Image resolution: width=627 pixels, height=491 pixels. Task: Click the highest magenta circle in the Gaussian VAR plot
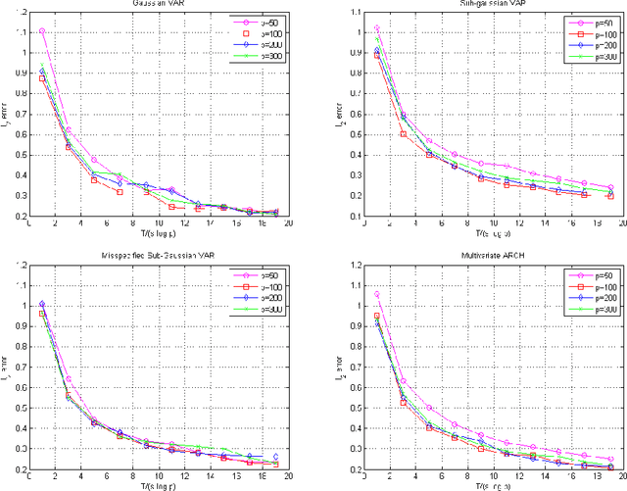[41, 31]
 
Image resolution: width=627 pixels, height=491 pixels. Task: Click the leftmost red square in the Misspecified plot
[41, 314]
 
